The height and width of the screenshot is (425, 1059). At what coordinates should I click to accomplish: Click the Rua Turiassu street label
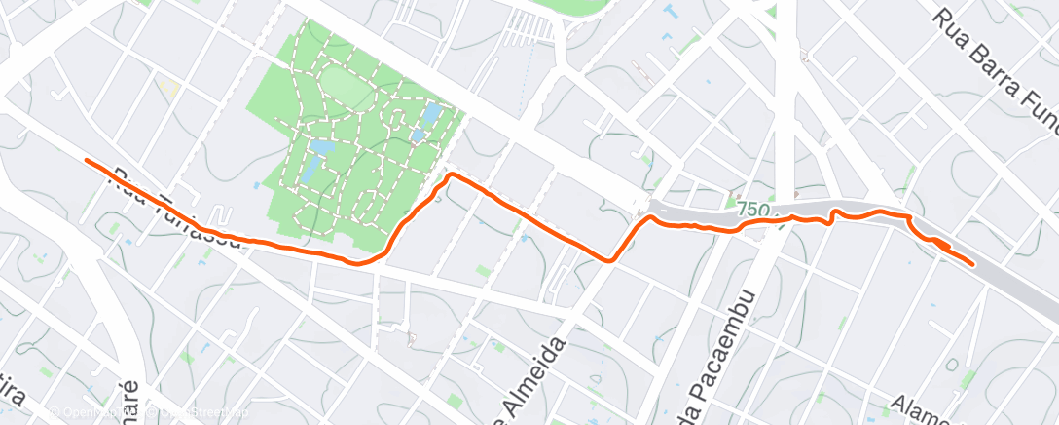[x=175, y=211]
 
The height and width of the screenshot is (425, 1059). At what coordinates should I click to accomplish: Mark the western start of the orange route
[x=87, y=159]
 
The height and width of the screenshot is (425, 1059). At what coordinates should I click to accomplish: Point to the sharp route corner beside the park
[x=450, y=174]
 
